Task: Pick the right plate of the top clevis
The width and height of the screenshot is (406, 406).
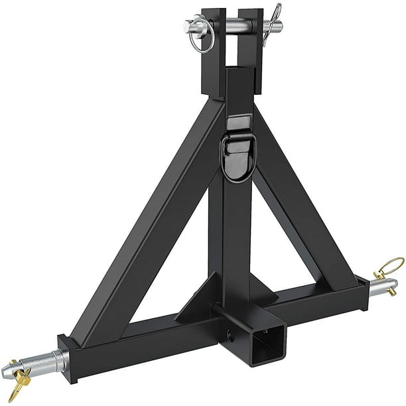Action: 251,53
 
